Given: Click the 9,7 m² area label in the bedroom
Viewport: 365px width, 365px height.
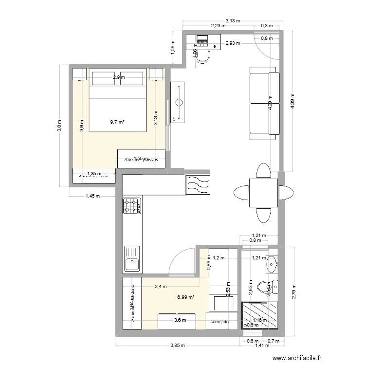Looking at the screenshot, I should pyautogui.click(x=117, y=122).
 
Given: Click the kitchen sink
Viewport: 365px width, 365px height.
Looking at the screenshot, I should pyautogui.click(x=132, y=258).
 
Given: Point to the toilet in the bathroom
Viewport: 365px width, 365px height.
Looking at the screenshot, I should pyautogui.click(x=266, y=287).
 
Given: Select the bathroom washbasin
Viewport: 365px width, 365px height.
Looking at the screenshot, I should pyautogui.click(x=272, y=263).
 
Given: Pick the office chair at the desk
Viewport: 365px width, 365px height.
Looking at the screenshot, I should pyautogui.click(x=202, y=55).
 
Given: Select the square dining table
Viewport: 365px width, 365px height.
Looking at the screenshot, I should pyautogui.click(x=263, y=192).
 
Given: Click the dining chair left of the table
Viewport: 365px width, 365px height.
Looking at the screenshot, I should pyautogui.click(x=241, y=193).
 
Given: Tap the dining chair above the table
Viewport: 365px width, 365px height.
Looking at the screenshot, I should pyautogui.click(x=263, y=171).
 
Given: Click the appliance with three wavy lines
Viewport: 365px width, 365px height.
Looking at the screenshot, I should pyautogui.click(x=198, y=185).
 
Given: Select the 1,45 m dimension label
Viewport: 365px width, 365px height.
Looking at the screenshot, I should pyautogui.click(x=92, y=197).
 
